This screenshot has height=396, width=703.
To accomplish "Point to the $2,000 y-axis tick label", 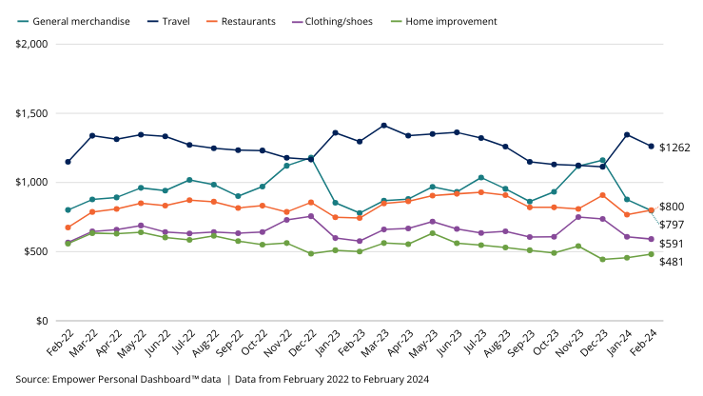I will coord(35,44).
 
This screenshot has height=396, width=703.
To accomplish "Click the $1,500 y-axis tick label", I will coord(35,113).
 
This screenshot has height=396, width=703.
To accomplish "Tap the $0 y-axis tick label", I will coord(44,321).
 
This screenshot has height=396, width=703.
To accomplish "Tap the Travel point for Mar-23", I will coord(383,126).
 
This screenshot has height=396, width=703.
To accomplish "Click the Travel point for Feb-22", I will coord(68,162).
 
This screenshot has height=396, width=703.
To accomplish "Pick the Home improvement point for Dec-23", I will coord(602,259).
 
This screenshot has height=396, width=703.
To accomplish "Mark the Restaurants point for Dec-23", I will coord(602,195).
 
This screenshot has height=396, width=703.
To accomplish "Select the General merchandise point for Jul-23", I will coord(481,177).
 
